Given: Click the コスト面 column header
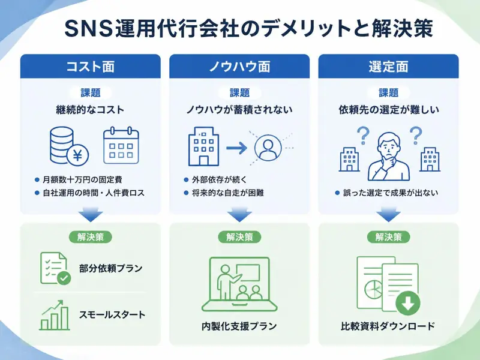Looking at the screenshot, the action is coord(91,67).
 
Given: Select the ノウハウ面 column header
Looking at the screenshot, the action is coord(239,67).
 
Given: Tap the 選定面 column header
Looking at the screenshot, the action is coord(388,67).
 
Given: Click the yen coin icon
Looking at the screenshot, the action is coord(77,155).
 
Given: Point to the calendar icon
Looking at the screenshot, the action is coord(121,145).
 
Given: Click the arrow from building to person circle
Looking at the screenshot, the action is coord(236,148).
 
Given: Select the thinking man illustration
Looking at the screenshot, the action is coord(388,157).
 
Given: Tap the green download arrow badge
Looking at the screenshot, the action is coord(407,303).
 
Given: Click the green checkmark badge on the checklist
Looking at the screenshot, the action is coord(64,278).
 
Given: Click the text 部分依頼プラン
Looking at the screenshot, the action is coord(110,268).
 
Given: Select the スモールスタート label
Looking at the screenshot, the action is coord(112,314).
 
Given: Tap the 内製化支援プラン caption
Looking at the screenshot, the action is coord(239,326).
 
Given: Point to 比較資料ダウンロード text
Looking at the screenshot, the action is coord(388,326).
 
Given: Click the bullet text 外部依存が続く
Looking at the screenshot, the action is coord(219,179).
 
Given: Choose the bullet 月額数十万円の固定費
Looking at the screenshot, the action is coord(83,179).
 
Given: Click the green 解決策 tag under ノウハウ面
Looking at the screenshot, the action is coord(239,237).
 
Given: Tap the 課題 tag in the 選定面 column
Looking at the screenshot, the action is coord(388,92).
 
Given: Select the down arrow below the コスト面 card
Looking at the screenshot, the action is coord(91,214).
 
